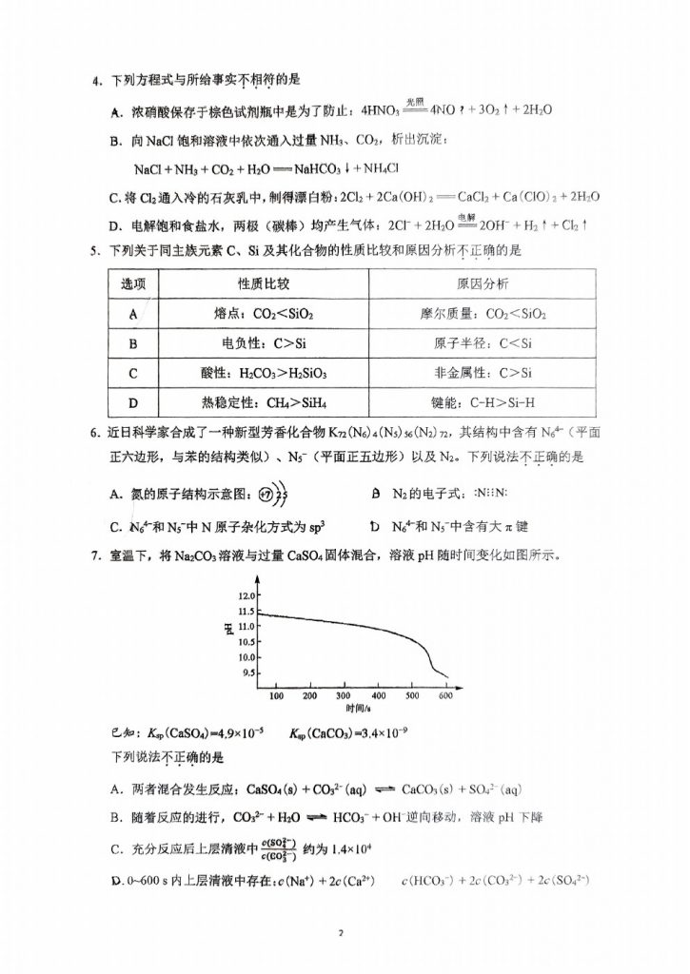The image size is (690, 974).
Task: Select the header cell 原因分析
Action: tap(483, 285)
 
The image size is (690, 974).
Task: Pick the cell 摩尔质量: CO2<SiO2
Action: tap(483, 314)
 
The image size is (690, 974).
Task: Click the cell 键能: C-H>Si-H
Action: tap(483, 401)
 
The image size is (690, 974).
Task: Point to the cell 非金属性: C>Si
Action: tap(483, 373)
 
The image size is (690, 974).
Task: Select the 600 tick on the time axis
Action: tap(445, 695)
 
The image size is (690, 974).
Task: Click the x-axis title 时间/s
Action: tap(358, 710)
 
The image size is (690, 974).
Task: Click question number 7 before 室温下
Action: tap(95, 555)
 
